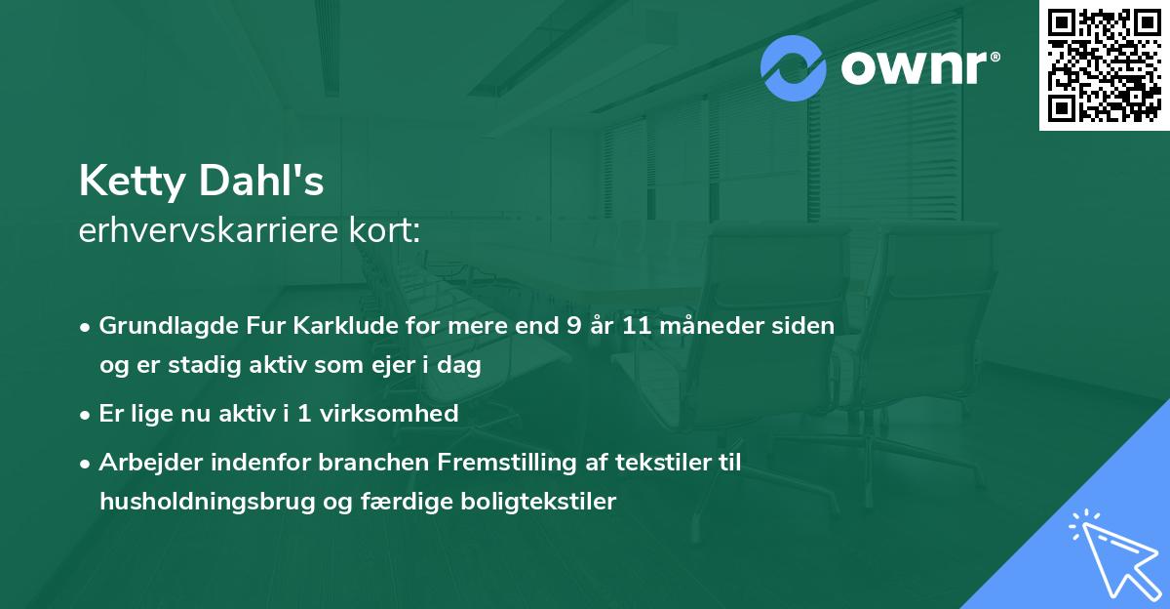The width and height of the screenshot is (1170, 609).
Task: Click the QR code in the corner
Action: pyautogui.click(x=1105, y=64)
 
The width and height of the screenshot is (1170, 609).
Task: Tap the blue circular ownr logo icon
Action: pyautogui.click(x=794, y=67)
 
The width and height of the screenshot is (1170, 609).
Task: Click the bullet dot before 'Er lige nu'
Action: pyautogui.click(x=87, y=415)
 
